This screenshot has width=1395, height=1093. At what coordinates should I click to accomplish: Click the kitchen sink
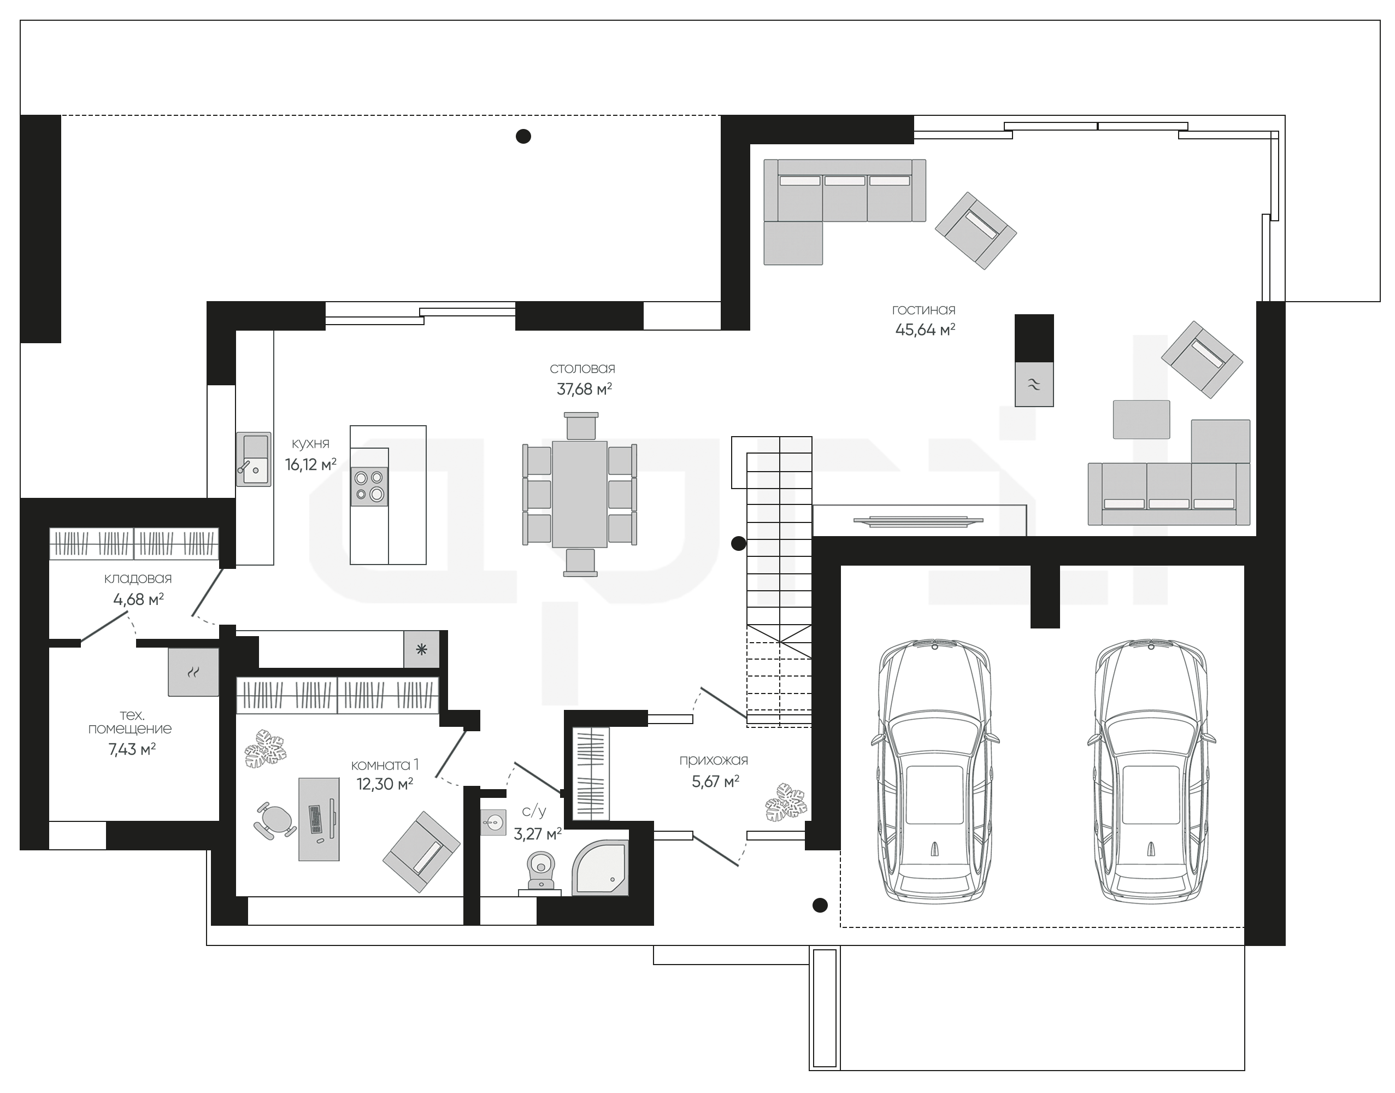coord(254,459)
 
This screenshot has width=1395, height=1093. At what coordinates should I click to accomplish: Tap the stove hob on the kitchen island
coord(369,486)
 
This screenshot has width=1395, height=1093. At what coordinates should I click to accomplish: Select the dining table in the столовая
coord(580,493)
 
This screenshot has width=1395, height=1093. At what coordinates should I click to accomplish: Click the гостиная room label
coord(923,310)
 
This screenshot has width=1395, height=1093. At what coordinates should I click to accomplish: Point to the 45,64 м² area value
coord(925,330)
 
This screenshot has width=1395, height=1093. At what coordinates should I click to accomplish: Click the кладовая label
coord(138,579)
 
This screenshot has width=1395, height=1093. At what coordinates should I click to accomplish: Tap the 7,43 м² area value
coord(132,749)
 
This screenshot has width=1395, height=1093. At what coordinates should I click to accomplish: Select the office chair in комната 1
coord(276,820)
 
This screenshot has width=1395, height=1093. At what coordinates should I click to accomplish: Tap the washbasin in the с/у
coord(493,821)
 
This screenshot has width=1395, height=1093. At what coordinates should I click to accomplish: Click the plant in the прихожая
coord(786,801)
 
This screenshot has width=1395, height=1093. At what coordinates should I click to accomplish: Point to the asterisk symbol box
coord(421,650)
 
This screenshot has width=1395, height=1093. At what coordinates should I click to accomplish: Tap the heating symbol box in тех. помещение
coord(193,672)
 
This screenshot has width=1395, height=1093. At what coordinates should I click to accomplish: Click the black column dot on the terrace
coord(523,136)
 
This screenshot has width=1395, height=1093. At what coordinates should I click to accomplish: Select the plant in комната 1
coord(264,748)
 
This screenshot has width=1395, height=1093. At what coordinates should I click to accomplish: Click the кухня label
coord(310,443)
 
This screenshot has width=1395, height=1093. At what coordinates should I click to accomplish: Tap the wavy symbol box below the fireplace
coord(1034,384)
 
